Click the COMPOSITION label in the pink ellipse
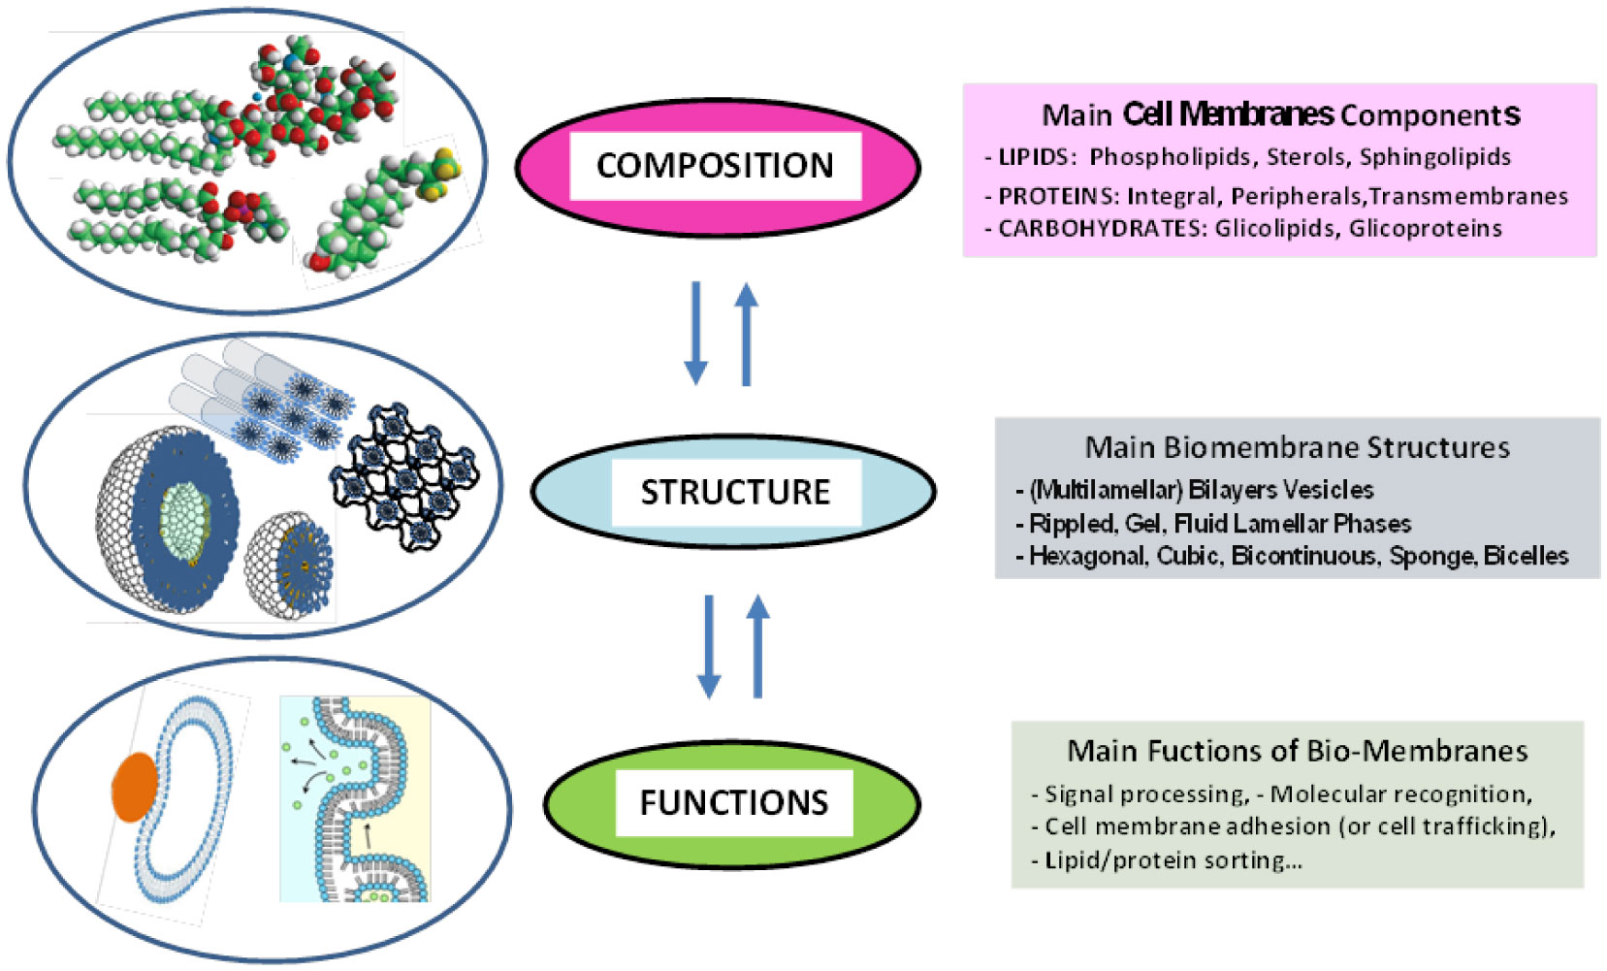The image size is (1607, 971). coord(715,166)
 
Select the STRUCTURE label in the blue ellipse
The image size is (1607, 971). coord(735,492)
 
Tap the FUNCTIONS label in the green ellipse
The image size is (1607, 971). coord(733,803)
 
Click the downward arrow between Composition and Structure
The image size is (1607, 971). coord(695,333)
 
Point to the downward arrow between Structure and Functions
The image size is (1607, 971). coord(709,645)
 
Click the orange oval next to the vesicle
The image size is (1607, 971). coord(135,787)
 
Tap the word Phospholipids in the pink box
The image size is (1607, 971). coord(1170,157)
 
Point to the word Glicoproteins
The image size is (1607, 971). coord(1425,229)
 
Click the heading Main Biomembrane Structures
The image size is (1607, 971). coord(1297,447)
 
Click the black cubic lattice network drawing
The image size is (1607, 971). coord(405,475)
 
